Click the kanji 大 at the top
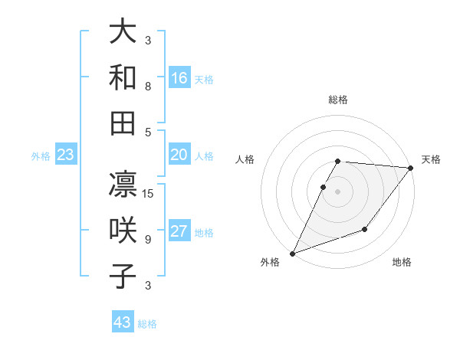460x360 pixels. (x=123, y=32)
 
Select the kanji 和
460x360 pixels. (x=123, y=77)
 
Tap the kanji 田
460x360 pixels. (x=123, y=123)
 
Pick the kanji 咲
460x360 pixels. (x=123, y=231)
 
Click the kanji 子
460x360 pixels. (x=123, y=276)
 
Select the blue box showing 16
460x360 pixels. (x=179, y=78)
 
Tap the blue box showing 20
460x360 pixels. (x=179, y=155)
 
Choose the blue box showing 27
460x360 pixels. (x=179, y=232)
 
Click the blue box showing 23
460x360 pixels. (x=66, y=155)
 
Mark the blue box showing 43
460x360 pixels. (x=123, y=322)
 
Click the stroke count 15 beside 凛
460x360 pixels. (x=149, y=194)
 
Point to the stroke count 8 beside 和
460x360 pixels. (x=148, y=87)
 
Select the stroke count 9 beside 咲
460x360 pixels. (x=148, y=240)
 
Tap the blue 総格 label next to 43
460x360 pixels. (x=147, y=324)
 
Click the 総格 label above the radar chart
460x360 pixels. (x=338, y=100)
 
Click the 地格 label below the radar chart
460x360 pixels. (x=402, y=263)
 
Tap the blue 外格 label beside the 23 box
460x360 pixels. (x=41, y=156)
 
